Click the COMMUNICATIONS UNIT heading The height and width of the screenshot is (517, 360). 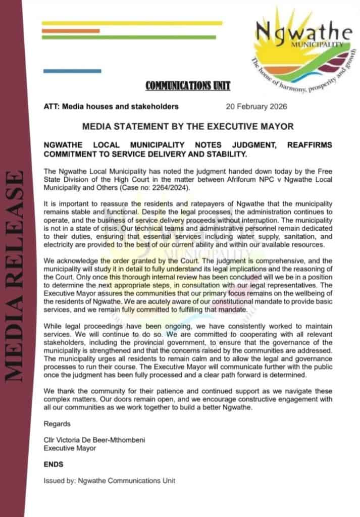(187, 86)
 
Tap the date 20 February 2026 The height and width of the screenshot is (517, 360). (256, 107)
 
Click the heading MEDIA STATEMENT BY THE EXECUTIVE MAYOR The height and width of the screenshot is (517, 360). (188, 126)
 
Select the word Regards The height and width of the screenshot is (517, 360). (57, 424)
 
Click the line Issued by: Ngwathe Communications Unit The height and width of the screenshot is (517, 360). (110, 481)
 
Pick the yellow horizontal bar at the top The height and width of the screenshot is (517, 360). (132, 23)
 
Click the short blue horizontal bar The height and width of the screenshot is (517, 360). (65, 71)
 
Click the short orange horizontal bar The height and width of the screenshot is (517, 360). (71, 31)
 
